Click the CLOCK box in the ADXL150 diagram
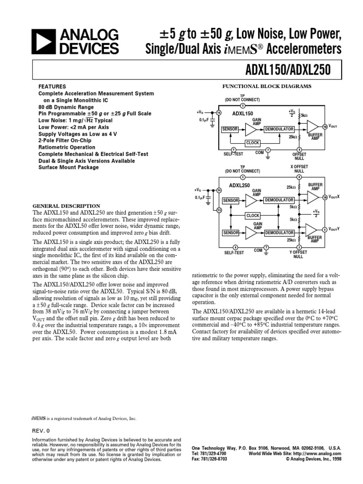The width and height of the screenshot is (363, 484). pyautogui.click(x=253, y=142)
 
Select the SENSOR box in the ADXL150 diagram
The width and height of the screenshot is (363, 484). pyautogui.click(x=230, y=129)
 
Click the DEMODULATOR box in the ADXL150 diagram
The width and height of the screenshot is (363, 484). pyautogui.click(x=279, y=129)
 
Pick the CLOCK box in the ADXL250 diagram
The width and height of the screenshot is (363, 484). pyautogui.click(x=253, y=216)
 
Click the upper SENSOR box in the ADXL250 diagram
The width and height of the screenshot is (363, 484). pyautogui.click(x=230, y=201)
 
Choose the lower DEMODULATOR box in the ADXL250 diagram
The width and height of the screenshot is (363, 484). pyautogui.click(x=279, y=233)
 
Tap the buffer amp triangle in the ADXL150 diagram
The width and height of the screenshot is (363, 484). pyautogui.click(x=312, y=127)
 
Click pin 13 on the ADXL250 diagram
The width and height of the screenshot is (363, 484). pyautogui.click(x=219, y=209)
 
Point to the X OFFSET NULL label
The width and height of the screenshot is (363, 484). pyautogui.click(x=299, y=169)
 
